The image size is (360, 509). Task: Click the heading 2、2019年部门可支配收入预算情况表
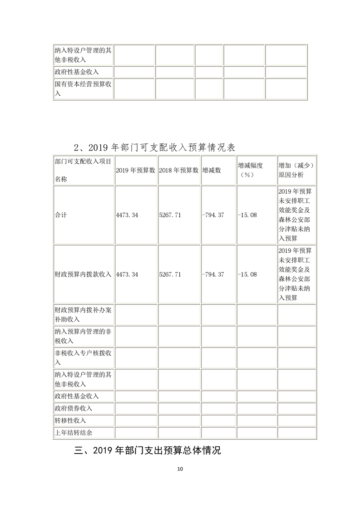tap(155, 147)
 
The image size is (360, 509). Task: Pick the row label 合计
tap(60, 215)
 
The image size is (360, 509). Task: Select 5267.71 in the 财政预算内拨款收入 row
tap(170, 274)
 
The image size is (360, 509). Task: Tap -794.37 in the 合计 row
tap(213, 215)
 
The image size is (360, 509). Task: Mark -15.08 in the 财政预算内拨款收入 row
tap(247, 274)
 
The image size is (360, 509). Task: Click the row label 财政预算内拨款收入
tap(83, 274)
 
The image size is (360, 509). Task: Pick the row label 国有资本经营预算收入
tap(83, 89)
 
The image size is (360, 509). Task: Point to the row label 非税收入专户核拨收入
tap(83, 357)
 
